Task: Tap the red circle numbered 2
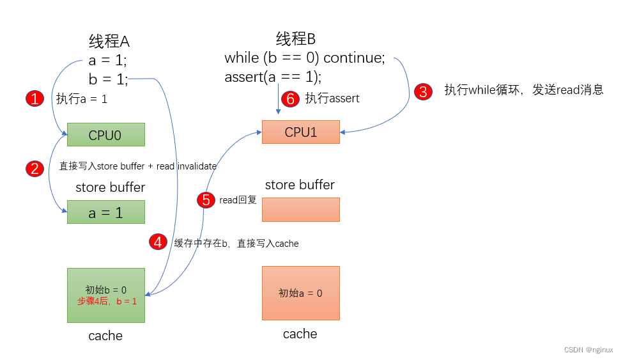coord(35,168)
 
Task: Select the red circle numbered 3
coord(422,91)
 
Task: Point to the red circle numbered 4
coord(158,242)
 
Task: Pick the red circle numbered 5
coord(206,200)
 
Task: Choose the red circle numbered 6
coord(290,98)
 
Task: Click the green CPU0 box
coord(106,135)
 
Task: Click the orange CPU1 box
coord(300,132)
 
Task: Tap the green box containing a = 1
coord(106,212)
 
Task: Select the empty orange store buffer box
coord(300,209)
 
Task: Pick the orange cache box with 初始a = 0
coord(300,293)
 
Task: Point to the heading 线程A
coord(109,42)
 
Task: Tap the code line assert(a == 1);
coord(273,77)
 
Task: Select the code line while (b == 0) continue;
coord(305,58)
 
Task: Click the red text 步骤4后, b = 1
coord(107,301)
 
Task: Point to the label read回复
coord(238,200)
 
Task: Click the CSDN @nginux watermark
coord(588,350)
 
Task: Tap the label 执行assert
coord(332,98)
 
